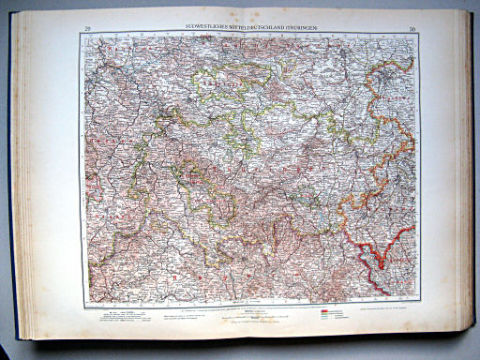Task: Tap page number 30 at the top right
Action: click(412, 31)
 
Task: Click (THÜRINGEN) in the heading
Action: click(304, 30)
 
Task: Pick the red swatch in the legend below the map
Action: click(329, 309)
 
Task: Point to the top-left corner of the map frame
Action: click(82, 37)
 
